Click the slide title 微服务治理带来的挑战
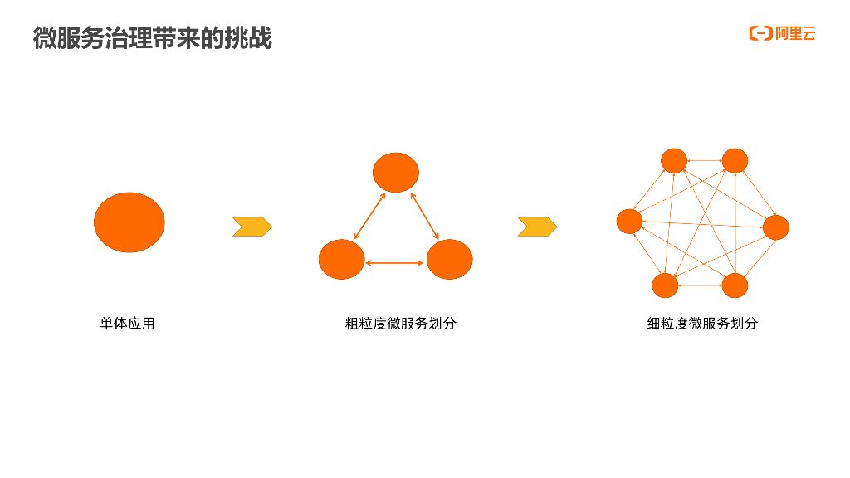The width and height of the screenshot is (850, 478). click(x=153, y=38)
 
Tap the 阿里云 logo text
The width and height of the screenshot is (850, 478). click(x=795, y=34)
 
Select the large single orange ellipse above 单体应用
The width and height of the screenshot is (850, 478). click(x=129, y=222)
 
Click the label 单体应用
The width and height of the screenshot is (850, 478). click(x=127, y=324)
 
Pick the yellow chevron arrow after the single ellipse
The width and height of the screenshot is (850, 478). click(x=252, y=227)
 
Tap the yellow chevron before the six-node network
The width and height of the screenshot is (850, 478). click(x=537, y=227)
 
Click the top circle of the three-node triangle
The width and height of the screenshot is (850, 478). click(x=395, y=173)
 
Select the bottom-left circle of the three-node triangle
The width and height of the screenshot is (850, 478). click(x=341, y=259)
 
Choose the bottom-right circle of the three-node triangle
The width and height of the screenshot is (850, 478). click(x=449, y=259)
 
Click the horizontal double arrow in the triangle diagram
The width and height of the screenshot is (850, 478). click(x=395, y=263)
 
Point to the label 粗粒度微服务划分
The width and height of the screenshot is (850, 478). click(x=400, y=324)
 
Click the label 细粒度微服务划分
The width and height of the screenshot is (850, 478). click(x=702, y=324)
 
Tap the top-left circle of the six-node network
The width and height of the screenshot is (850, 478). click(x=674, y=161)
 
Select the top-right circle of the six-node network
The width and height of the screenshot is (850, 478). click(x=735, y=161)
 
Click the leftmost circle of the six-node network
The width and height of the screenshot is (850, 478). click(x=630, y=222)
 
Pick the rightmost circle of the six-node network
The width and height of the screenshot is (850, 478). click(x=776, y=227)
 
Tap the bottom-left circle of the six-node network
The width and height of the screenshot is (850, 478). click(x=665, y=285)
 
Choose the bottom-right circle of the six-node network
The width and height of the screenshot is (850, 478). click(x=735, y=285)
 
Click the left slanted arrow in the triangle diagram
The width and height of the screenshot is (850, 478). click(x=369, y=217)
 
